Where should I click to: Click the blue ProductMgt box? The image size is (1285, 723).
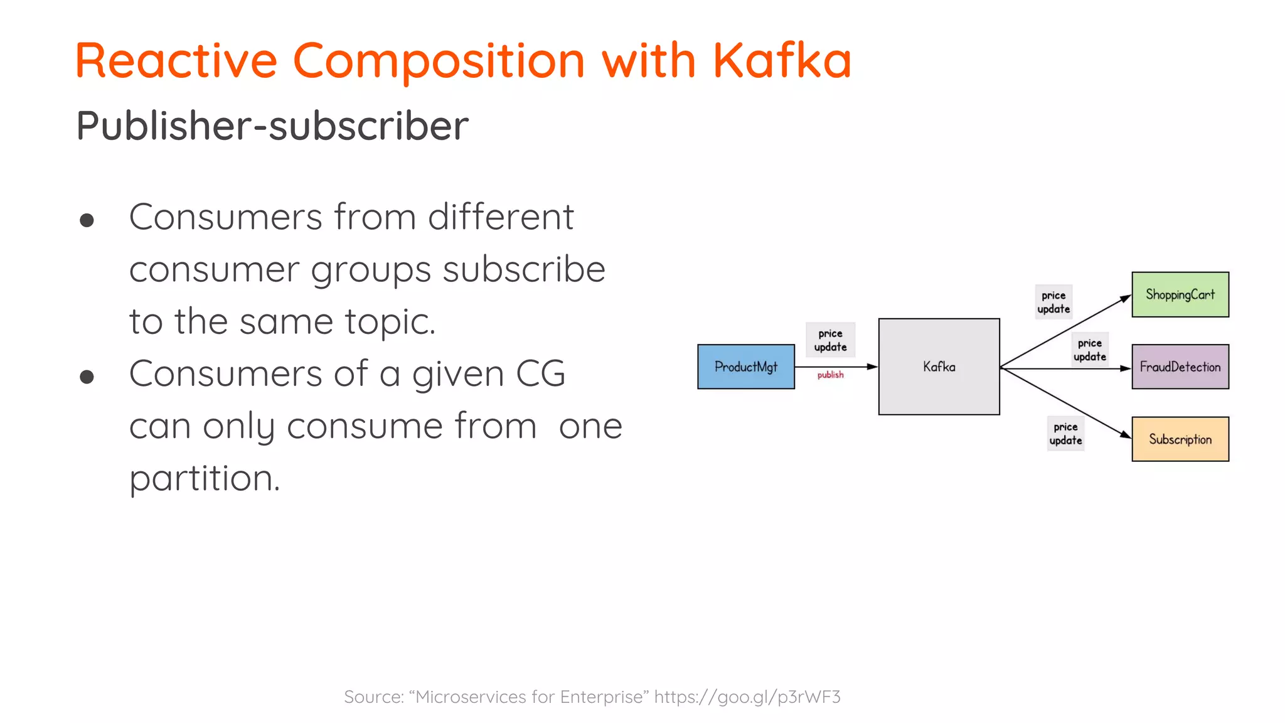coord(745,367)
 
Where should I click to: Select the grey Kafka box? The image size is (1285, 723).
coord(939,367)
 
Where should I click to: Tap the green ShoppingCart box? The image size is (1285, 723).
coord(1180,294)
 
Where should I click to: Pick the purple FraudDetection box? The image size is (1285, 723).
coord(1180,367)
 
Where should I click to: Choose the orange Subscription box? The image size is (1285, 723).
coord(1180,439)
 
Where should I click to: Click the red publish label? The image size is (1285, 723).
coord(830,375)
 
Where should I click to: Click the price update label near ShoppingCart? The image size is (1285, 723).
coord(1053,302)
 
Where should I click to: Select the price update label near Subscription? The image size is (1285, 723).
coord(1065,434)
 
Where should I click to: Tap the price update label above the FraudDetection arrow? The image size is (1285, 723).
coord(1089,350)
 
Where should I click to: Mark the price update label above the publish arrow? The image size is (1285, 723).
coord(830,340)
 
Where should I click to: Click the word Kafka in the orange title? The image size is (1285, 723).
coord(782,60)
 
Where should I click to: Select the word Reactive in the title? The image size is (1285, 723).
coord(176,60)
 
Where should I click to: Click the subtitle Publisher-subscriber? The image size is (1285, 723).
coord(272,126)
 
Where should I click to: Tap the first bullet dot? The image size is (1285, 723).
coord(87,220)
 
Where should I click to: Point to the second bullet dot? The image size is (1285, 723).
coord(87,377)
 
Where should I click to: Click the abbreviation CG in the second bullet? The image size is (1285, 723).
coord(540,374)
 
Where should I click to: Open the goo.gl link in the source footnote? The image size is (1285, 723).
coord(747,697)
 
